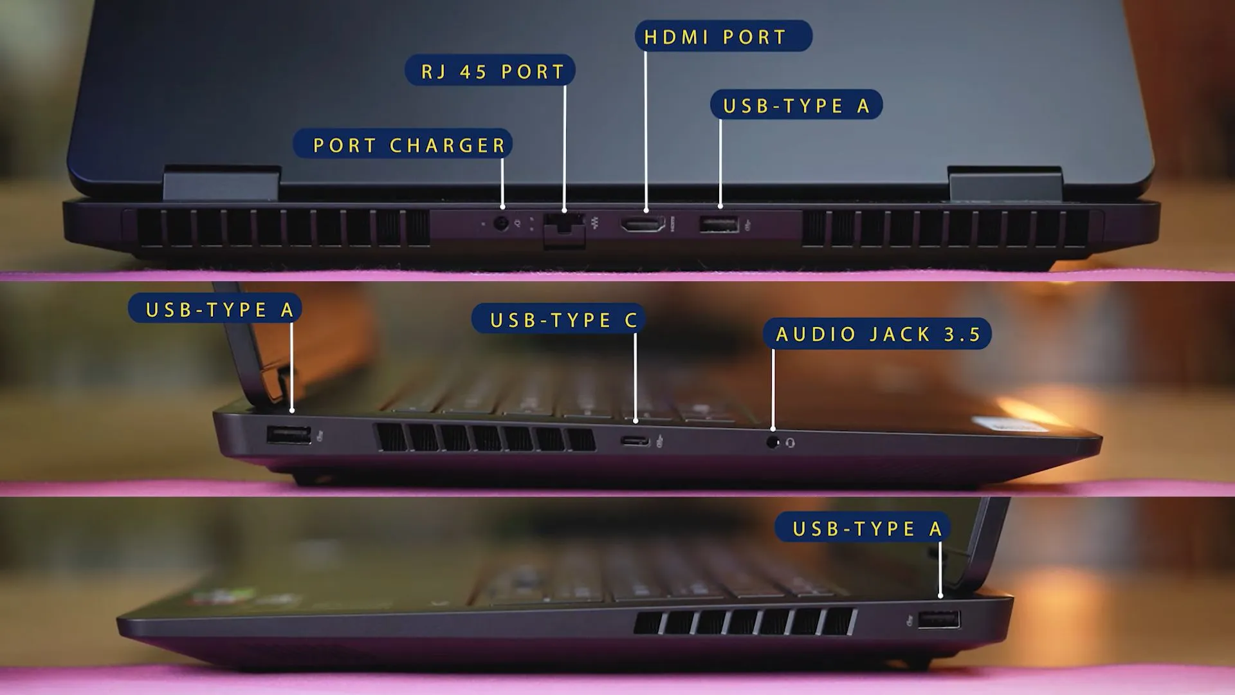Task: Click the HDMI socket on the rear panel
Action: click(643, 224)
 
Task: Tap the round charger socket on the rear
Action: click(500, 224)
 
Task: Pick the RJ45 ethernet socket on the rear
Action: click(564, 228)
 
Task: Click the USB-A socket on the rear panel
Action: click(719, 225)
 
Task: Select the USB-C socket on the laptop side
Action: click(636, 441)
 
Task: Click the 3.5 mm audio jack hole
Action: click(773, 443)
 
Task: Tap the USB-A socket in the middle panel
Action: click(289, 435)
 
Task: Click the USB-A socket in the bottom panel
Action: click(939, 620)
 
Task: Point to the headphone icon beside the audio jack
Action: click(791, 443)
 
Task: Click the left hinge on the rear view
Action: click(222, 183)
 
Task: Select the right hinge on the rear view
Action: click(1005, 183)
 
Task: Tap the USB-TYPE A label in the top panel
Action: click(796, 105)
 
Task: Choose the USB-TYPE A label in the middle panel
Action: click(215, 309)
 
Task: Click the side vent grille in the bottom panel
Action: click(745, 622)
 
